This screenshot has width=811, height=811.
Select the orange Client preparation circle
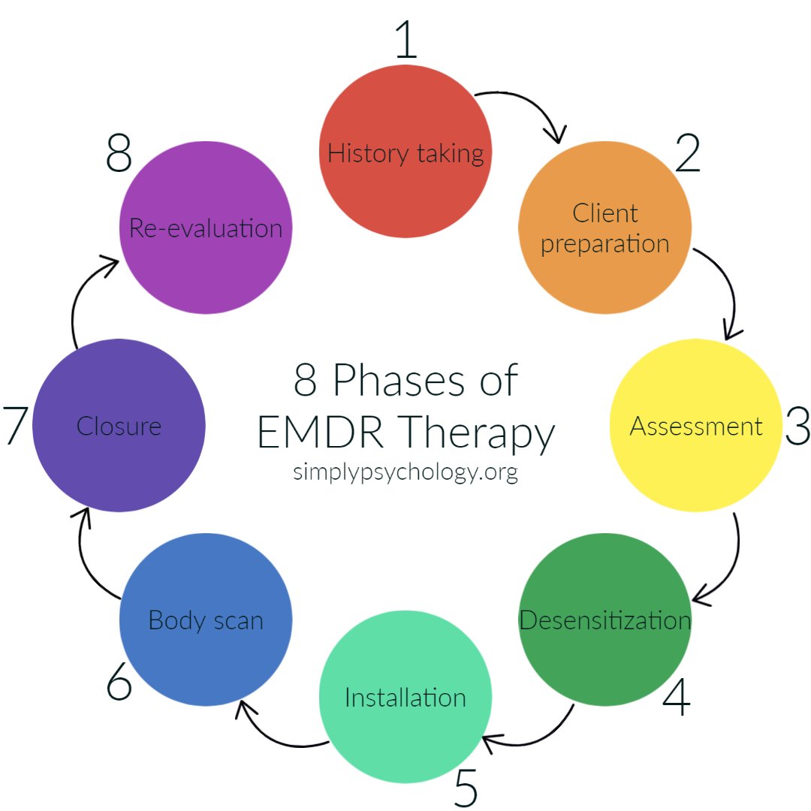(x=604, y=228)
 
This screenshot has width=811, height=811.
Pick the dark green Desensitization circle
(x=604, y=620)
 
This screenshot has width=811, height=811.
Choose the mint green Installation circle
(x=405, y=698)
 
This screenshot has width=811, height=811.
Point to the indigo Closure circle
(x=119, y=426)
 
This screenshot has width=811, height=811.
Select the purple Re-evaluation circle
(x=206, y=228)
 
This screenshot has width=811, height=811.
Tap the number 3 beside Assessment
(x=797, y=426)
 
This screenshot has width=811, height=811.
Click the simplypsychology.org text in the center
(x=405, y=473)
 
